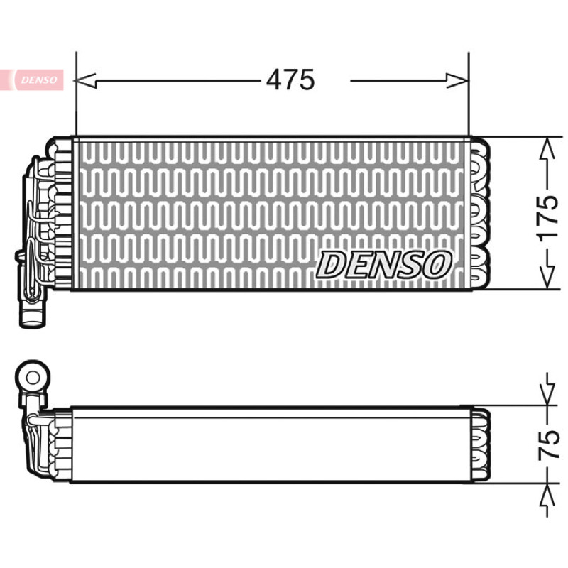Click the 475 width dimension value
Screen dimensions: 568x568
pos(290,80)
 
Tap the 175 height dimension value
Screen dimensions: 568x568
pos(547,219)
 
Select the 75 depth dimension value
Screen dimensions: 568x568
pos(547,444)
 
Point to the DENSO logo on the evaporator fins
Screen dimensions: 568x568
pos(384,265)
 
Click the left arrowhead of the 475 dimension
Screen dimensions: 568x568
pos(85,80)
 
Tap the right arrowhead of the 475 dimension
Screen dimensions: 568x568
pos(457,80)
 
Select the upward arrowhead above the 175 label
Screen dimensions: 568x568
pos(547,148)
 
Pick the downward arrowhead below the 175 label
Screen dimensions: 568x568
pos(547,277)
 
